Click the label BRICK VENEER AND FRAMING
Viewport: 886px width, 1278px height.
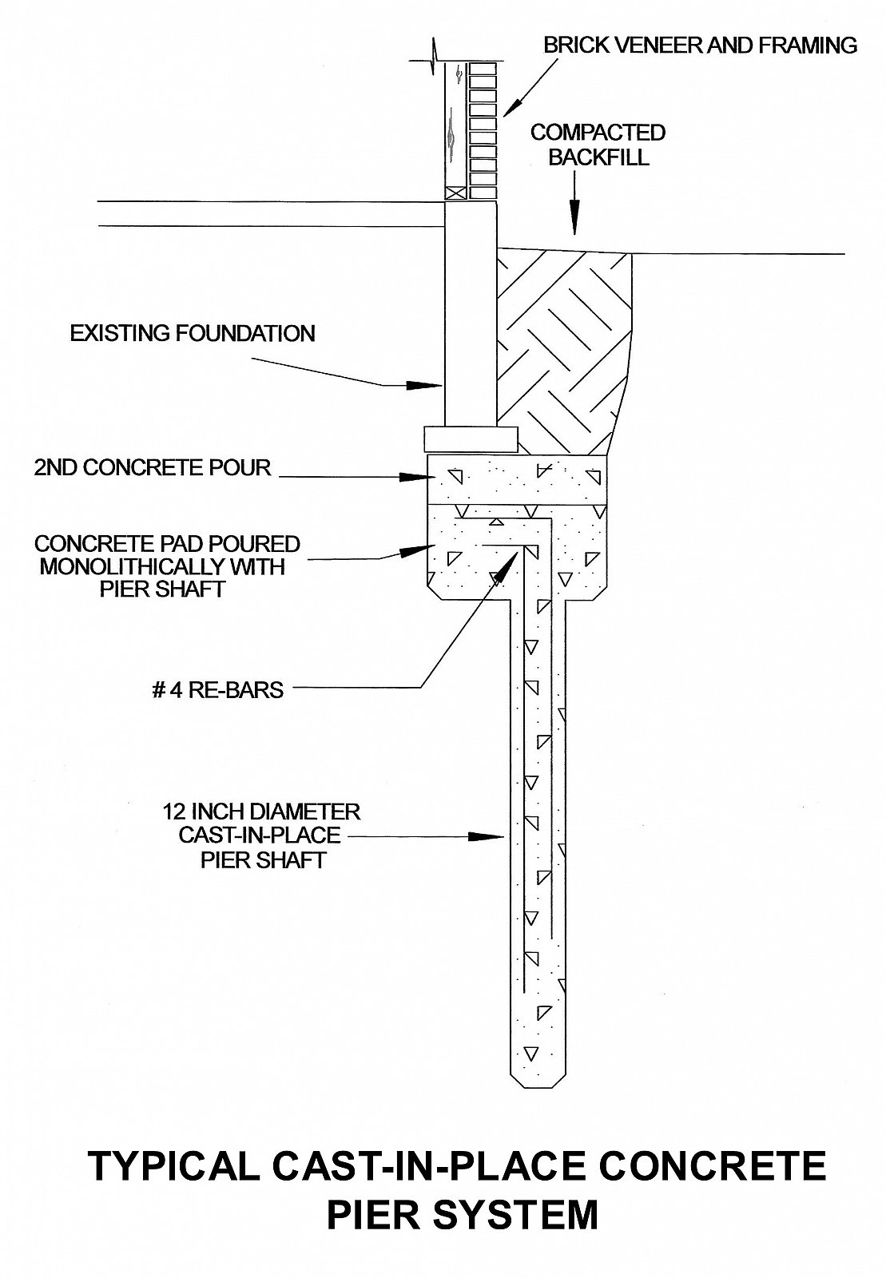click(700, 45)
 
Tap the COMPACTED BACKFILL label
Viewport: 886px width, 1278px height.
click(598, 145)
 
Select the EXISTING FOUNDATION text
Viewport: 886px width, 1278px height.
click(193, 333)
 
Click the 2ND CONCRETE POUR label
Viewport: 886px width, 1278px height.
click(153, 467)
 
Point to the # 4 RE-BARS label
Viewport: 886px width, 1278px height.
click(217, 689)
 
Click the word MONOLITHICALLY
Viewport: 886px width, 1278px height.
click(162, 567)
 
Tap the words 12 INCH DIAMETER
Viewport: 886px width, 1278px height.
click(261, 812)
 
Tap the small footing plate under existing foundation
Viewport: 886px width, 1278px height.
click(470, 439)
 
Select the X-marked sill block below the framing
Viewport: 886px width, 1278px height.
click(456, 192)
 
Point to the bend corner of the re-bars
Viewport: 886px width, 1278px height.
click(545, 522)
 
